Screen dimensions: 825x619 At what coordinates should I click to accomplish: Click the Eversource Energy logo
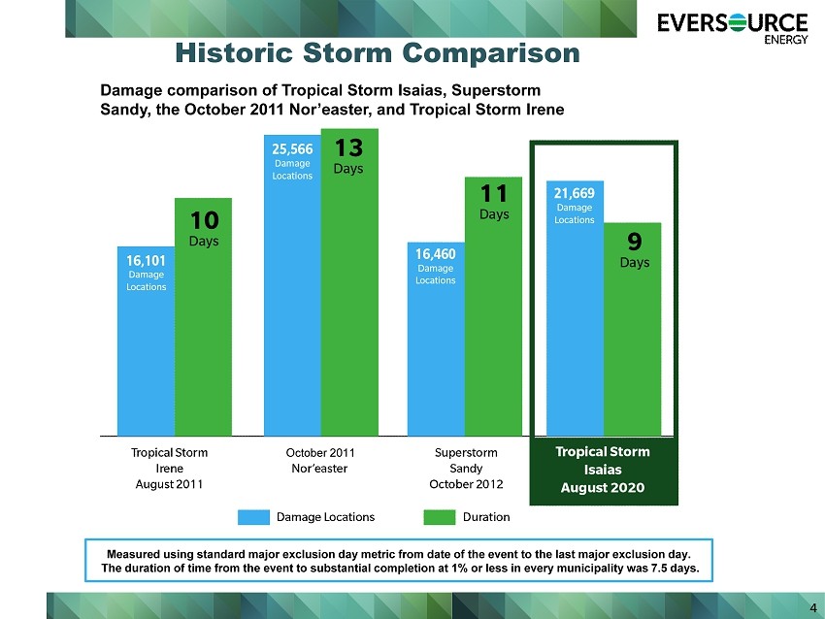point(733,29)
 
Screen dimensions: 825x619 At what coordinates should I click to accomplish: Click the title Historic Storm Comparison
point(378,53)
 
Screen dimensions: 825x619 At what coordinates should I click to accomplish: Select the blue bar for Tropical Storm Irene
point(146,341)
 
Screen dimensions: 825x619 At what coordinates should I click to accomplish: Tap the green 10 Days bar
point(203,316)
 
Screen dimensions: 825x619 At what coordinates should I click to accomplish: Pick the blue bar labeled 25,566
point(292,285)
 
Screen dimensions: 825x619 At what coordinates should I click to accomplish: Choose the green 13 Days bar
point(349,282)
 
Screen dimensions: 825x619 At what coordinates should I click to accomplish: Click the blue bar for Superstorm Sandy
point(436,339)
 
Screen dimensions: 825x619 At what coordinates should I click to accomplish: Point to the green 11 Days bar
point(493,306)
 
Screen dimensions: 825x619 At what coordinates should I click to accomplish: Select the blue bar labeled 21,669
point(576,309)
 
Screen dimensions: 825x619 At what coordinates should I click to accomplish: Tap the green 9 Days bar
point(633,329)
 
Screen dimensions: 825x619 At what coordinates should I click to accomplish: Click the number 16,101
point(146,261)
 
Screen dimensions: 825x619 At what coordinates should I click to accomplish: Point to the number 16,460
point(436,254)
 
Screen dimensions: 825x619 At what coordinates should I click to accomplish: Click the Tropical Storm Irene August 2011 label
point(169,468)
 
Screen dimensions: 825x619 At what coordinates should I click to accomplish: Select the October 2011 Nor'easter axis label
point(320,460)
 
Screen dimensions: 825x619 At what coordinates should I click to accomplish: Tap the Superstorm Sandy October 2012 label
point(466,468)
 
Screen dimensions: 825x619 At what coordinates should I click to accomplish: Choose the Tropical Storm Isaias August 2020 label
point(603,470)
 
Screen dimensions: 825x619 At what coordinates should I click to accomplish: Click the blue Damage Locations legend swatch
point(253,517)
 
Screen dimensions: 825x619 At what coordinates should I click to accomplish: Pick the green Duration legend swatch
point(440,517)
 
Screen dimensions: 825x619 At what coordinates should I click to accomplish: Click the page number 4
point(813,608)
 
